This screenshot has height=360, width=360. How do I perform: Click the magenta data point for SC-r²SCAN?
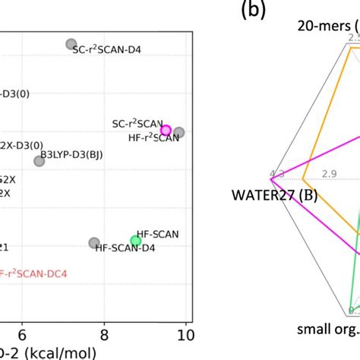click(166, 131)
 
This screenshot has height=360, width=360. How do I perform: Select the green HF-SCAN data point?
click(136, 241)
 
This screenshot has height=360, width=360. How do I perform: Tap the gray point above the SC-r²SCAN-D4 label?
click(71, 44)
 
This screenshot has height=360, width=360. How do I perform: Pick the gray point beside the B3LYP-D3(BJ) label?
click(39, 161)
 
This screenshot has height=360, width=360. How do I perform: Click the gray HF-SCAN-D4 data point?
click(94, 243)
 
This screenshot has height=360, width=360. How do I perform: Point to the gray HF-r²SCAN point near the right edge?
click(179, 133)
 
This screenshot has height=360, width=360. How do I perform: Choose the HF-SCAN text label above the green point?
click(157, 234)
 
